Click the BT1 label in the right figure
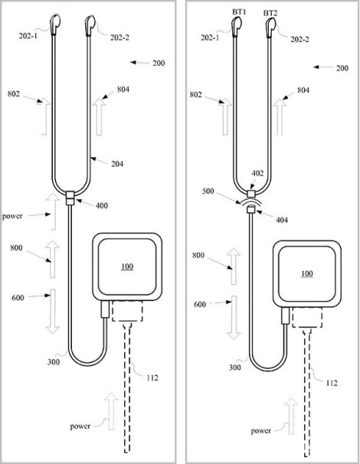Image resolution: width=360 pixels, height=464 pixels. click(240, 12)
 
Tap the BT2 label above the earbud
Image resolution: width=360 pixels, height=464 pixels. click(270, 13)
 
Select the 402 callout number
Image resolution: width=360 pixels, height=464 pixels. click(257, 173)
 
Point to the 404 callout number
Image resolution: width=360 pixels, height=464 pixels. click(281, 220)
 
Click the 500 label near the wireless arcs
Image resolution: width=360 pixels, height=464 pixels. click(208, 192)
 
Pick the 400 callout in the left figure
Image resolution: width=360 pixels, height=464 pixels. click(101, 206)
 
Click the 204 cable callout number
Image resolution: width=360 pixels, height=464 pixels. click(118, 164)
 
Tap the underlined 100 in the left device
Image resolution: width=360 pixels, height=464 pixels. click(127, 267)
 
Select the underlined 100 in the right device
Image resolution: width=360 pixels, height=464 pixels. click(307, 273)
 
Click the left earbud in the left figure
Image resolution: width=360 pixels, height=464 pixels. click(56, 24)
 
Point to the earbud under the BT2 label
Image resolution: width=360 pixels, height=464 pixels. click(270, 27)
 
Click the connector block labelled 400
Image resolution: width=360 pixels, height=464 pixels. click(71, 198)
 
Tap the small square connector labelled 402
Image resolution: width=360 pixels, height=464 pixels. click(251, 194)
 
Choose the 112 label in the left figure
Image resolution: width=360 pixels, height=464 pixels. click(152, 377)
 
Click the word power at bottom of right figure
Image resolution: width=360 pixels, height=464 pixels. click(261, 431)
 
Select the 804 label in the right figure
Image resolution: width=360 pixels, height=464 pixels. click(303, 90)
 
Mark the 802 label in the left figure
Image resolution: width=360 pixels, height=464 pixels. click(14, 94)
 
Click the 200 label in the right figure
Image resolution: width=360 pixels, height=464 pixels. click(342, 68)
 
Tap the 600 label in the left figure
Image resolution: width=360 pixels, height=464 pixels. click(18, 297)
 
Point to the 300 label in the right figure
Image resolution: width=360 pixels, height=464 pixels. click(235, 368)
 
